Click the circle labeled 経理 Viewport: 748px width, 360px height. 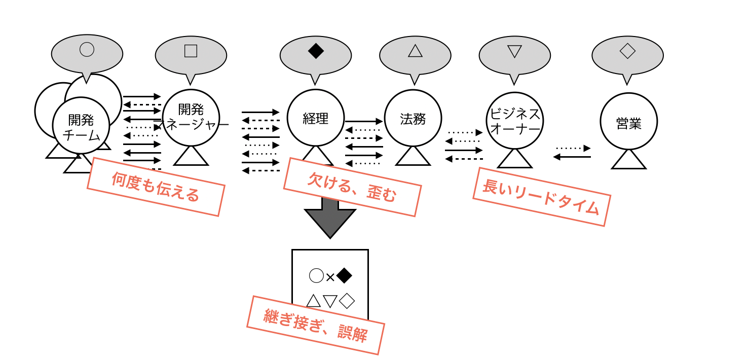pos(315,118)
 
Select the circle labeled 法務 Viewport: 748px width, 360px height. pos(413,118)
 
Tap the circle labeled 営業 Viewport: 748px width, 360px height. pos(628,122)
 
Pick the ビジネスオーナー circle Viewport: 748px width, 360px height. pos(514,121)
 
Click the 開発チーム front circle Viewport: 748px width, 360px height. pos(81,126)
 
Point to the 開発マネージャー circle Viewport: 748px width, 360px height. pos(191,118)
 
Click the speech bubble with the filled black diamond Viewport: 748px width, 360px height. pos(315,55)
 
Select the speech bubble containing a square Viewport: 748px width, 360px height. pos(191,55)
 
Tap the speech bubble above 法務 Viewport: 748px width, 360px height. pos(415,55)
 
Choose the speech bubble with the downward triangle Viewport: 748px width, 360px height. pos(514,55)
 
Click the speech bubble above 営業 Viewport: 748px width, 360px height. pos(627,55)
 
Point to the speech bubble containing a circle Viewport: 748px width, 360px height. pos(87,53)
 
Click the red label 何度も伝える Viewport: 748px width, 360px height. pos(156,187)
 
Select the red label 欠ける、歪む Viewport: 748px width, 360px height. pos(352,187)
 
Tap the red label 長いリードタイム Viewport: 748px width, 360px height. pos(541,197)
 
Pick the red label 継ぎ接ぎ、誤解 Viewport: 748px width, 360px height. pos(315,325)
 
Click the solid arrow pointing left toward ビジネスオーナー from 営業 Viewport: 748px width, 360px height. pos(572,157)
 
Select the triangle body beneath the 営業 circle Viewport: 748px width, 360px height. pos(628,161)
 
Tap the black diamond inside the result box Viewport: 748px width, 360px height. pos(344,276)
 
